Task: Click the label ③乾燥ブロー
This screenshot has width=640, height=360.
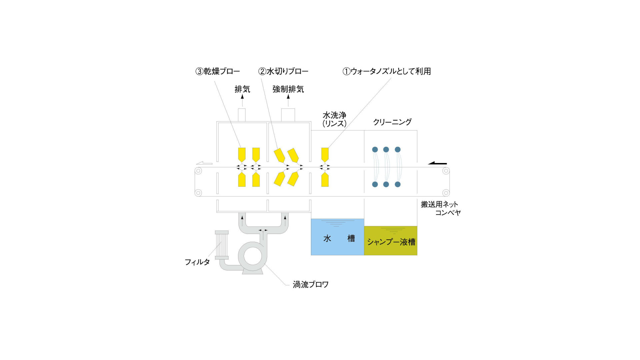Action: tap(218, 71)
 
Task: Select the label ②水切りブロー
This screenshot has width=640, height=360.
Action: tap(283, 71)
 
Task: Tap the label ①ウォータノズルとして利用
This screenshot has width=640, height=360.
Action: tap(387, 71)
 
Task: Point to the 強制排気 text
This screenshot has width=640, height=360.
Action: tap(288, 89)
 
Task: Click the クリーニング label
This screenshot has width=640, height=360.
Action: tap(392, 122)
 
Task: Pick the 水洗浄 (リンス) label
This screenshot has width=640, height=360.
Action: tap(334, 119)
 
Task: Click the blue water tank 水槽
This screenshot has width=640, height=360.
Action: tap(337, 237)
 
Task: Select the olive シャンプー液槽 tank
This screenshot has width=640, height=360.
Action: tap(391, 241)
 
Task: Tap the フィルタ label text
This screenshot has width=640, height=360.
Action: tap(197, 262)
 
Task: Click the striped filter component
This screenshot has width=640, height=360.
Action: tap(222, 245)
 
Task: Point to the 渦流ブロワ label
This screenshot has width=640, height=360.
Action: tap(311, 285)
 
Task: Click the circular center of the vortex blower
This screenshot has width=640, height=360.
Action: tap(253, 256)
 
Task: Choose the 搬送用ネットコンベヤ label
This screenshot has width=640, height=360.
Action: tap(441, 208)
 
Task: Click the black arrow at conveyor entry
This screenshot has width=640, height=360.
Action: tap(437, 163)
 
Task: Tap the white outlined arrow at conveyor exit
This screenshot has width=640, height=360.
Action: tap(204, 163)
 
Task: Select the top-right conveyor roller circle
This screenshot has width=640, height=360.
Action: tap(446, 171)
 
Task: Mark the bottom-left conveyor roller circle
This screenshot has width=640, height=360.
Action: tap(198, 193)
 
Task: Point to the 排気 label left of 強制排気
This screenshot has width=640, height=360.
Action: tap(242, 89)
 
